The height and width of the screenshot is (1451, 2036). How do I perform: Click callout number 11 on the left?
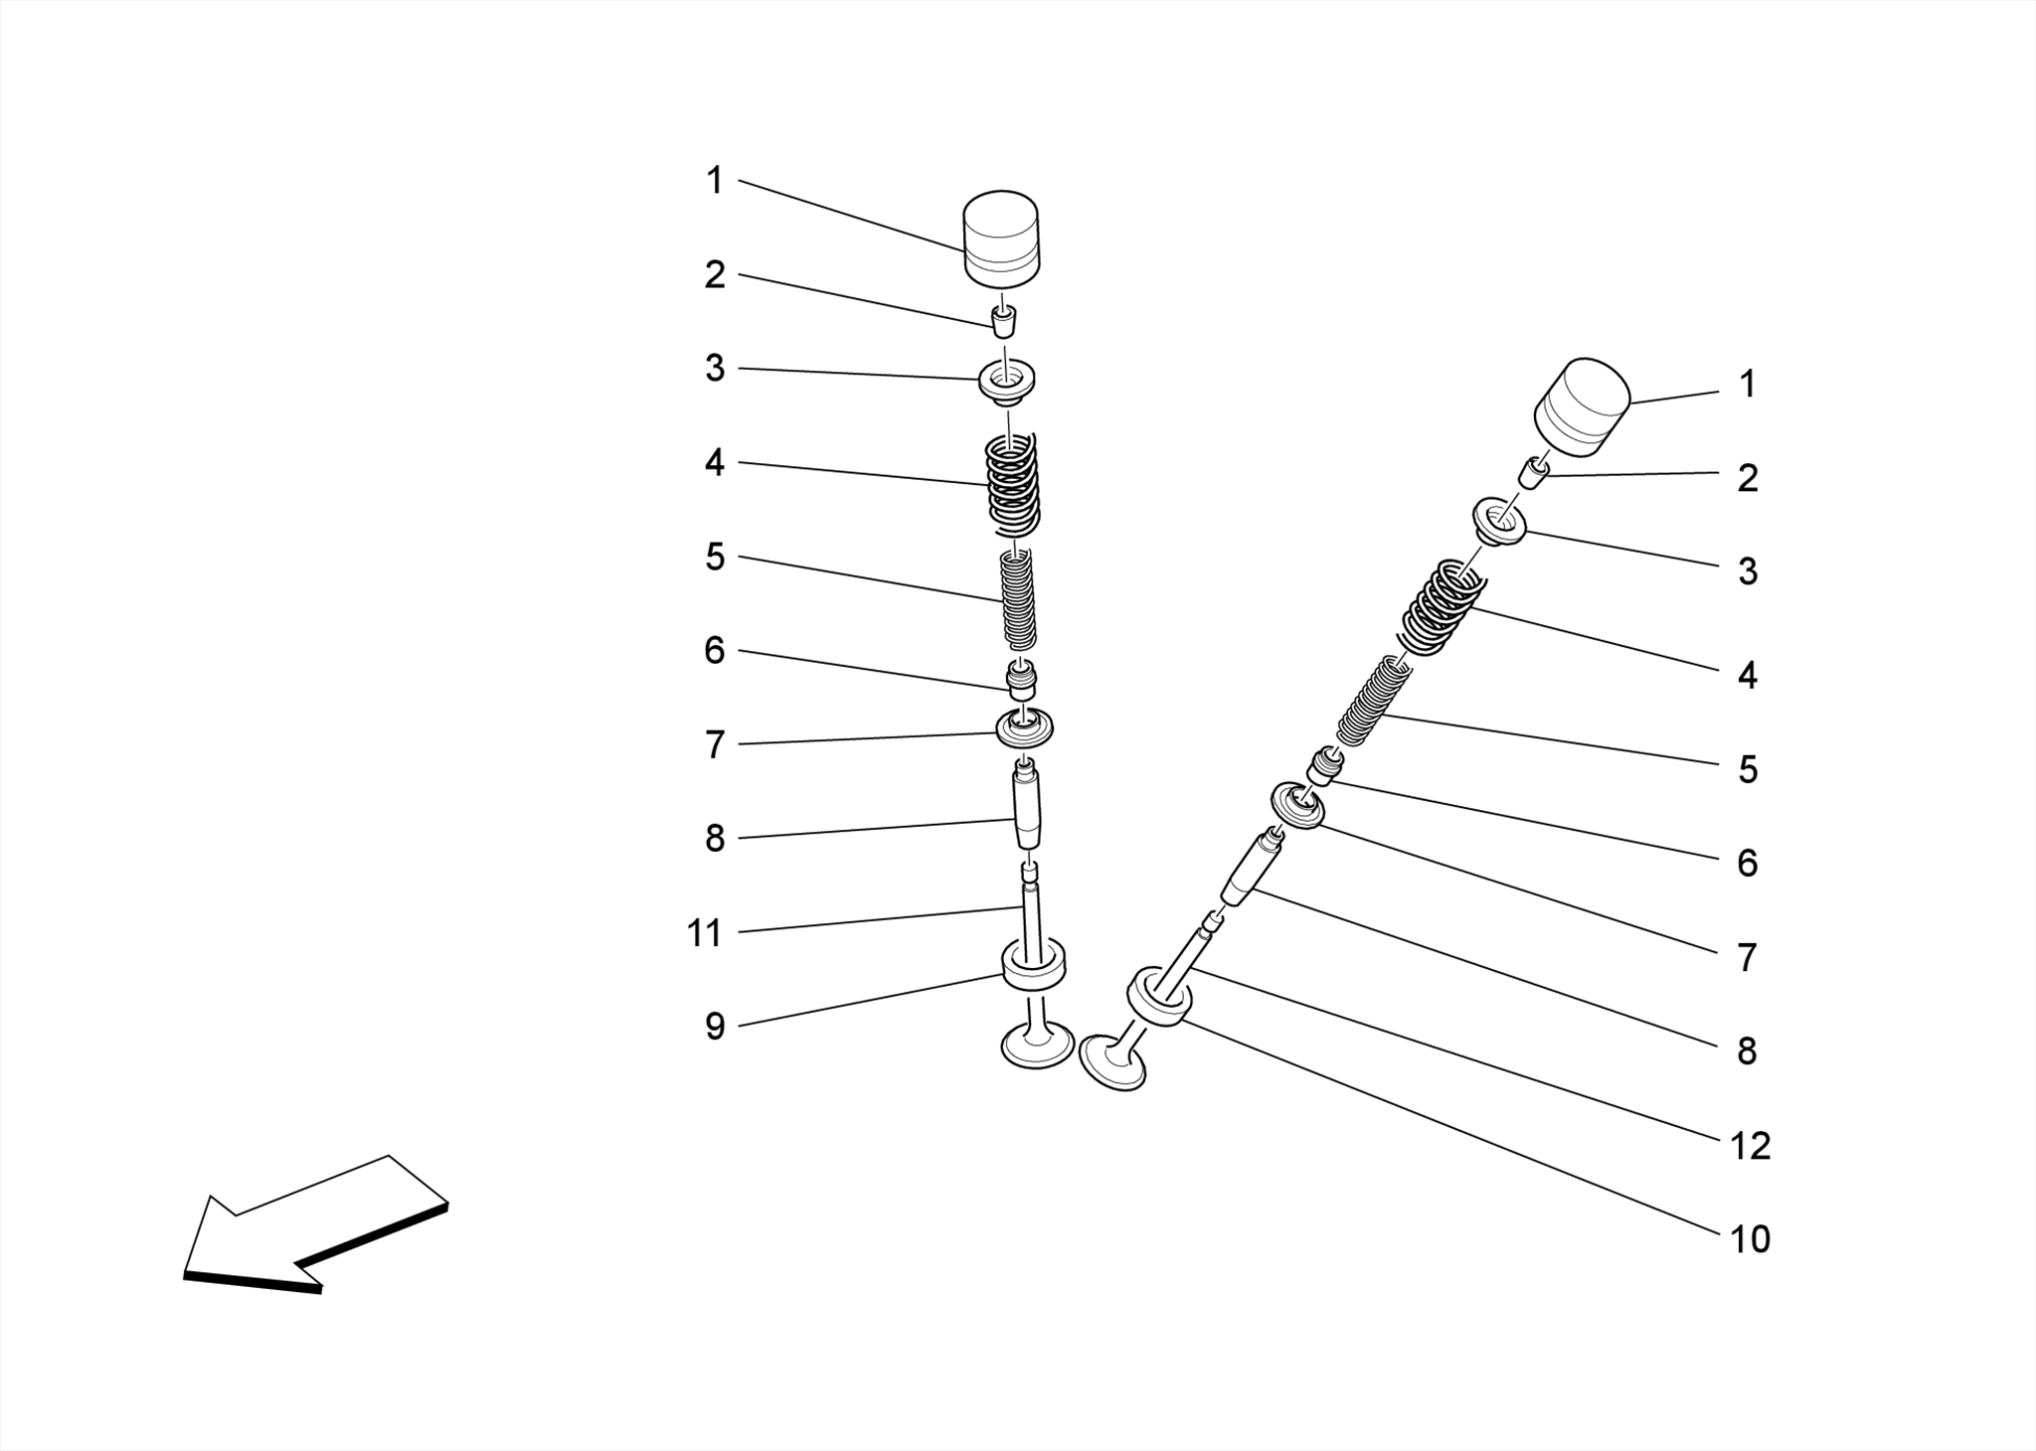click(704, 934)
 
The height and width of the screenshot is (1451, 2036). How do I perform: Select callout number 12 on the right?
click(1750, 1147)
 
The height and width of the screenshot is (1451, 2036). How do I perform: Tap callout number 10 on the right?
click(1750, 1240)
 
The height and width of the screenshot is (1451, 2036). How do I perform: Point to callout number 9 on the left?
click(715, 1028)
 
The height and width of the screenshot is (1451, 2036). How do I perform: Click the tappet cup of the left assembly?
click(1001, 236)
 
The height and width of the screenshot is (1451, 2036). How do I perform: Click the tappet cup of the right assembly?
click(1582, 407)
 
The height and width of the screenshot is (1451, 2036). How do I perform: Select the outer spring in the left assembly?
click(1011, 485)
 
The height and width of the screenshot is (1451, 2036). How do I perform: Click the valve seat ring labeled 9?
click(1034, 967)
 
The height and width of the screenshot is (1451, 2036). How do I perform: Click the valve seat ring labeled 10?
click(1158, 998)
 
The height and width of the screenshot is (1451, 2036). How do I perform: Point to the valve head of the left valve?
click(1037, 1046)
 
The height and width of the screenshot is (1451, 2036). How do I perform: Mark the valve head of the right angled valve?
click(1112, 1063)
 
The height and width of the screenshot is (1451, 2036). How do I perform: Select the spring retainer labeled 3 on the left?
click(1006, 382)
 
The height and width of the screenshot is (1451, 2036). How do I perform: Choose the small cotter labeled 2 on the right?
click(1533, 471)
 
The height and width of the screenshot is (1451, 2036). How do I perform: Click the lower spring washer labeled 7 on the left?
click(1024, 729)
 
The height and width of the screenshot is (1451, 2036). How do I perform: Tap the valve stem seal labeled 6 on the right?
click(1325, 765)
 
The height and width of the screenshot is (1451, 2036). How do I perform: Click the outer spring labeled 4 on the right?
click(1442, 605)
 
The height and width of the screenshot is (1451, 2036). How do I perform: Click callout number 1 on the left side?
click(714, 182)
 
